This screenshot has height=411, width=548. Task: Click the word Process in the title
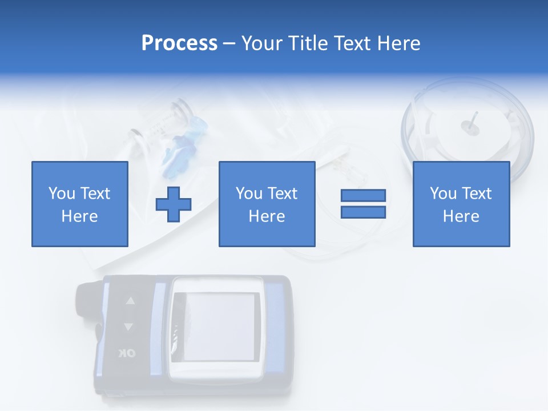[x=179, y=43]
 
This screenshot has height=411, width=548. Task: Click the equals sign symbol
[x=363, y=204]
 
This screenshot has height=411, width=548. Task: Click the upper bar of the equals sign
[x=363, y=196]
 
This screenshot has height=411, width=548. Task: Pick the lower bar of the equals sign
[x=363, y=212]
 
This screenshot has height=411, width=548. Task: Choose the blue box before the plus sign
[x=80, y=204]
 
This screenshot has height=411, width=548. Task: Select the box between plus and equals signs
[x=267, y=204]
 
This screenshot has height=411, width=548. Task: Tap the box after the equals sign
[x=461, y=204]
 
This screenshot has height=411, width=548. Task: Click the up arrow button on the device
[x=130, y=301]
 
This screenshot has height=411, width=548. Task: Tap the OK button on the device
[x=127, y=353]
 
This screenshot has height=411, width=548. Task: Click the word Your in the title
[x=262, y=43]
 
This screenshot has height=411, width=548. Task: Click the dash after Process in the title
[x=229, y=43]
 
